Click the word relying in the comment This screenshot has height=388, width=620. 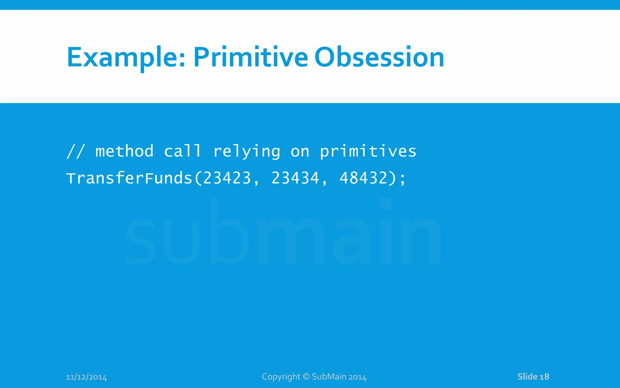click(247, 152)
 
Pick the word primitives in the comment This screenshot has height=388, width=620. click(368, 152)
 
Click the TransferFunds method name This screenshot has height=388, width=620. click(129, 178)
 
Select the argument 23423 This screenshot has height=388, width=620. click(227, 178)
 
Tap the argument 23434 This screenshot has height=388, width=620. click(295, 178)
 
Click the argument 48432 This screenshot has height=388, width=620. click(364, 178)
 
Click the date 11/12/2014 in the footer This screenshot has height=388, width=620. click(86, 377)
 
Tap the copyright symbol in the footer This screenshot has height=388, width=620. click(306, 376)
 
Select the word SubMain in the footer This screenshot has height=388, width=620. click(329, 376)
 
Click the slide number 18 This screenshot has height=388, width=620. click(544, 376)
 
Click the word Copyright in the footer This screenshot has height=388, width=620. click(281, 377)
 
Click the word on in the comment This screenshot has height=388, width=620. click(300, 152)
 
